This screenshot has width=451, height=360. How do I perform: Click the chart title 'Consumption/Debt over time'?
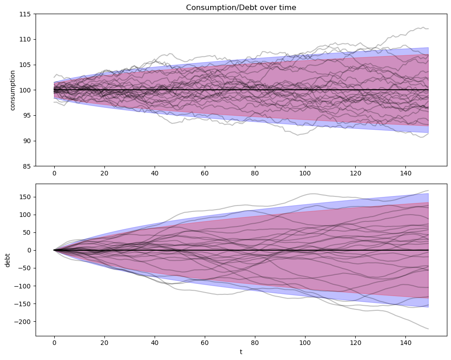tap(241, 7)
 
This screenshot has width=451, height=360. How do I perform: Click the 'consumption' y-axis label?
tap(13, 90)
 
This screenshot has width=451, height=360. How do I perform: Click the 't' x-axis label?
tap(241, 352)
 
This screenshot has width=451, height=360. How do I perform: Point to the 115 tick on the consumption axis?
tap(26, 14)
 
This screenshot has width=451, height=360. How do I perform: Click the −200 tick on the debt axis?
tap(23, 322)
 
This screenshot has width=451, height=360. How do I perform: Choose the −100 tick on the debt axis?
tap(23, 286)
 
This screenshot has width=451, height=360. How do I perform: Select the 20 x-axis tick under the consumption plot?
tap(104, 173)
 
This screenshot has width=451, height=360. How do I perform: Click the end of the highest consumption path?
tap(428, 29)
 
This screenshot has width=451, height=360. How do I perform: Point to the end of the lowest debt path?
tap(428, 329)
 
